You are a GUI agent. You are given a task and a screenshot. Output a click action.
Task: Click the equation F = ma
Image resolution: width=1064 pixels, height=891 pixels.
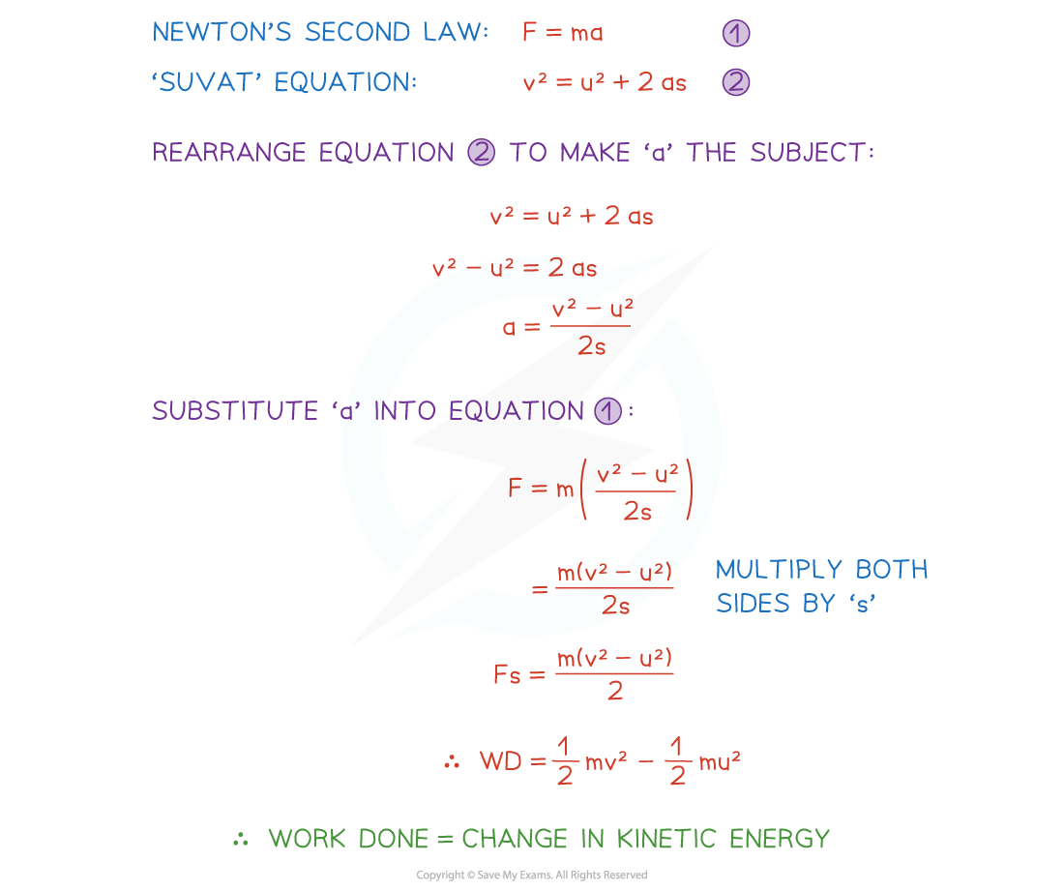coord(562,33)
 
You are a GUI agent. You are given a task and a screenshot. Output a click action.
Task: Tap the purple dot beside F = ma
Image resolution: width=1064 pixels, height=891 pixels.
coord(736,34)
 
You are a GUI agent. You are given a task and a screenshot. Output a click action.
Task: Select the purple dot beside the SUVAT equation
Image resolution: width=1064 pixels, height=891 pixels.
coord(736,82)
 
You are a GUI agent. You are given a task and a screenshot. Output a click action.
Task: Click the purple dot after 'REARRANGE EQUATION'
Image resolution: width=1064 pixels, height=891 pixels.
coord(481,153)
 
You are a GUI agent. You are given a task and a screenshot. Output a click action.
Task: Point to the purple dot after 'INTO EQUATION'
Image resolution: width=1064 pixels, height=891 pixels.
coord(607,411)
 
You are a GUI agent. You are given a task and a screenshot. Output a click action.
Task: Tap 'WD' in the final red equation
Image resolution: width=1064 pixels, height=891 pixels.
coord(500,760)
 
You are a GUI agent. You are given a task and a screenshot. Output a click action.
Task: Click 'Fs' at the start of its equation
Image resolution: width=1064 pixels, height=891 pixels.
coord(506,674)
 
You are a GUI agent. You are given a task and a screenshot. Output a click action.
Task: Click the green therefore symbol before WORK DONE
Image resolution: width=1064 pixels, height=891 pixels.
coord(241,839)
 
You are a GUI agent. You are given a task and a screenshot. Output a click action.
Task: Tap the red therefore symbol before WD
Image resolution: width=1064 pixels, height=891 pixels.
coord(452,761)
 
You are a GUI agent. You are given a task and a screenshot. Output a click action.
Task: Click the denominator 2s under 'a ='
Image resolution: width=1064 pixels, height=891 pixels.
coord(591,345)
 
